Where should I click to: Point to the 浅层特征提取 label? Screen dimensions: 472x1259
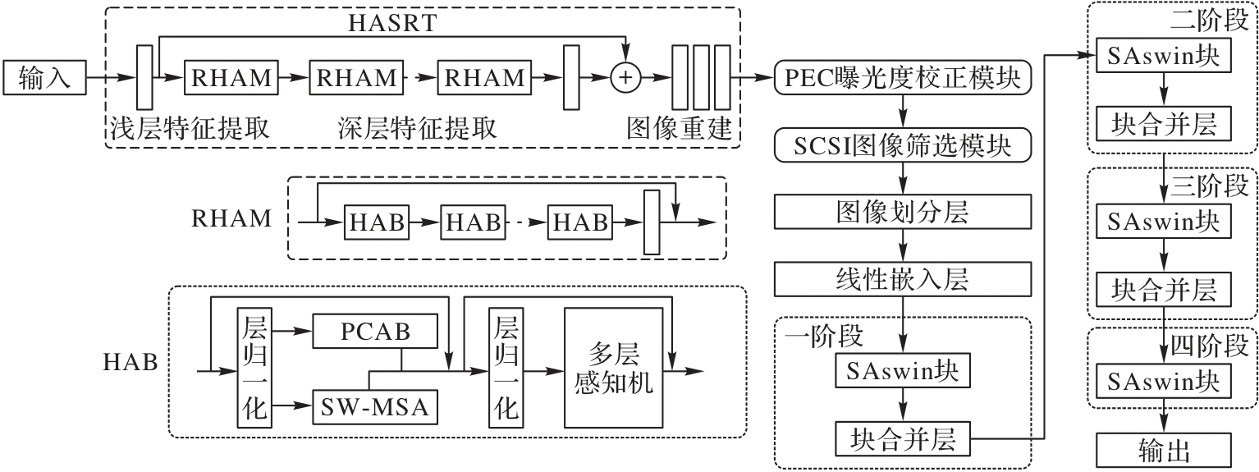(x=189, y=129)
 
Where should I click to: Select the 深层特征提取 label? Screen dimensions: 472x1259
(x=416, y=129)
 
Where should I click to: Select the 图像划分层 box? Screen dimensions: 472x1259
(x=903, y=213)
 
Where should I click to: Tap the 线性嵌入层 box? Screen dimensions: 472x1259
(x=903, y=280)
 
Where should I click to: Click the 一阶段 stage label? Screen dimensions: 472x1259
(x=817, y=337)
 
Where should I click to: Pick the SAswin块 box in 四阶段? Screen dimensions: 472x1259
(x=1163, y=382)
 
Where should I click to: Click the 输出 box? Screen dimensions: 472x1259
(x=1165, y=451)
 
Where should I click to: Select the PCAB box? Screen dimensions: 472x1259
(x=375, y=332)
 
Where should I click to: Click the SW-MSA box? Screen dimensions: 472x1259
(x=375, y=406)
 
